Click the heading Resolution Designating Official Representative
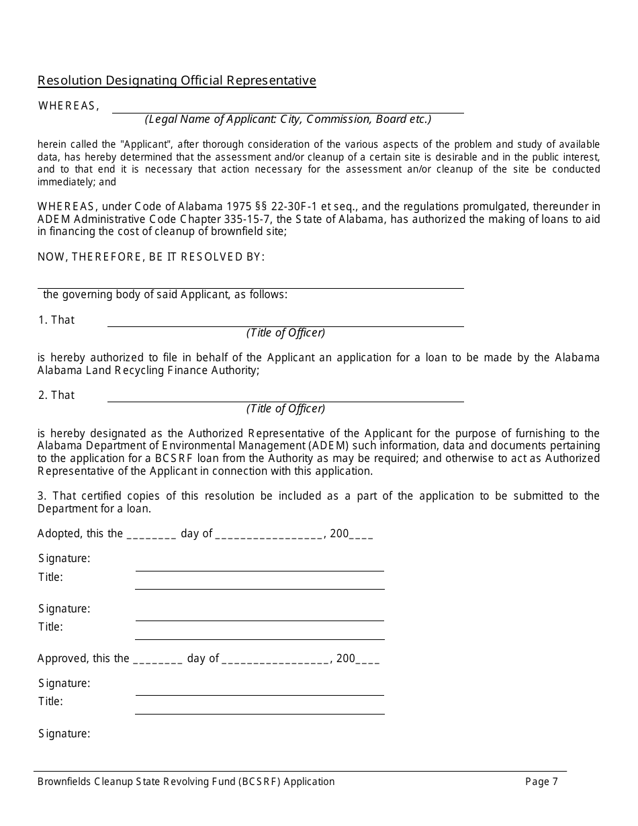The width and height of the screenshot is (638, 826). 177,81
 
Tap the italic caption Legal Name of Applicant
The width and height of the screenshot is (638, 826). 287,120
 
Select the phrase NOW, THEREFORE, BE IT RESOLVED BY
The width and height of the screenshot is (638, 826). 151,257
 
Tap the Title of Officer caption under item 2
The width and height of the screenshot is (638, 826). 285,408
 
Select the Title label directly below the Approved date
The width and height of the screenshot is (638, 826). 50,702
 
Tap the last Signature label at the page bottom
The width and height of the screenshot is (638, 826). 64,734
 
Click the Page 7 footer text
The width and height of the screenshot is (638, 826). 541,782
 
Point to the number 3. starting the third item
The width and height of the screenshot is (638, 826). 41,496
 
